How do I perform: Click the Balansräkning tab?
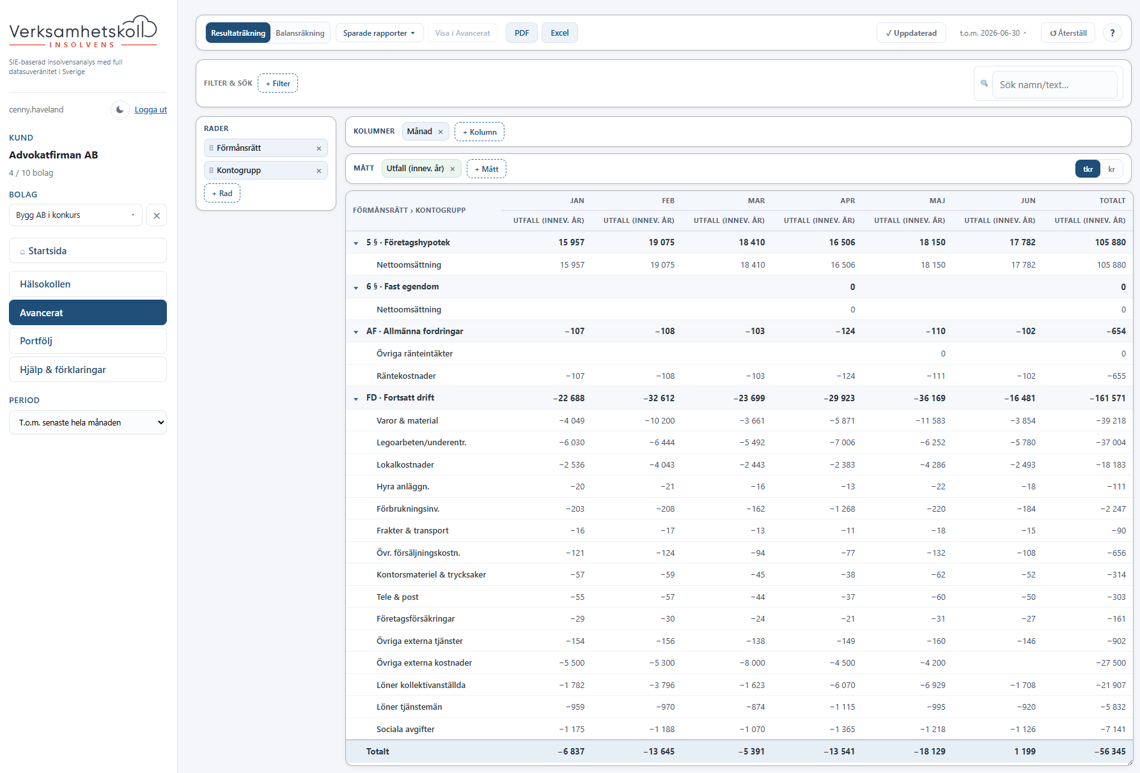coord(300,33)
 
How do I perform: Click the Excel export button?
coord(559,33)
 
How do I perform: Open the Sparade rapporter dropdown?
coord(379,33)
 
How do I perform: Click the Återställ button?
coord(1068,33)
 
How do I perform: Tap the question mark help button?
coord(1113,33)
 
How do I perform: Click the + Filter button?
coord(277,83)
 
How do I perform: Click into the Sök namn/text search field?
coord(1054,84)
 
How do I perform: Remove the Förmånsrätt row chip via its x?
coord(319,148)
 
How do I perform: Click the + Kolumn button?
coord(480,132)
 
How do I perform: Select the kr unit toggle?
coord(1112,169)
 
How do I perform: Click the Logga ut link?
coord(151,110)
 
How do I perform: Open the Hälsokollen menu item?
coord(88,284)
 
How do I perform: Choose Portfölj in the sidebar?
coord(88,341)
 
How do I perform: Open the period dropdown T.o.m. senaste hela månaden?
coord(88,422)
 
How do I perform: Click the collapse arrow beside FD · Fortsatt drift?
coord(356,399)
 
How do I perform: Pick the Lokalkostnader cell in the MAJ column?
coord(933,464)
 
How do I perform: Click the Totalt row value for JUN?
coord(1025,751)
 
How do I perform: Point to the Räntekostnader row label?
coord(406,376)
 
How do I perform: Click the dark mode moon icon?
coord(120,110)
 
